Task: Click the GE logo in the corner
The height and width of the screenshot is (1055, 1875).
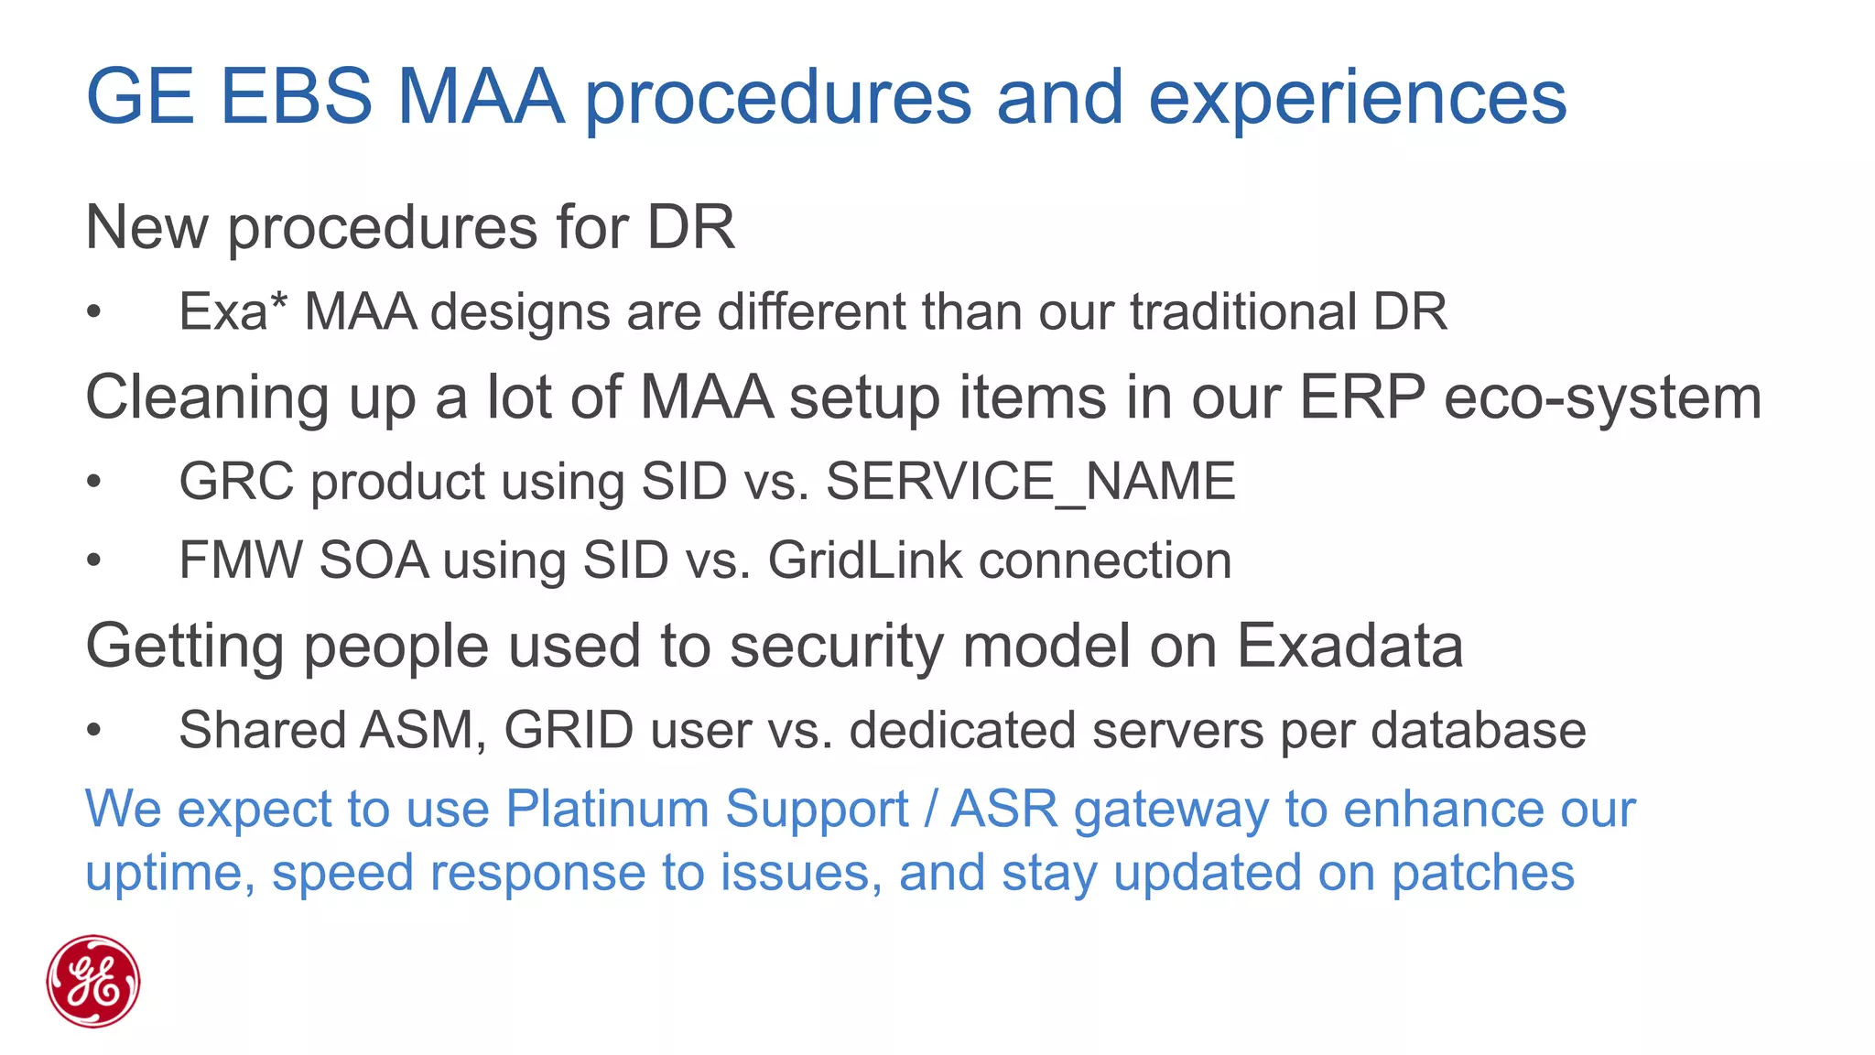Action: coord(93,981)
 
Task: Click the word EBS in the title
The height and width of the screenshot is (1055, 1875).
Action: coord(296,96)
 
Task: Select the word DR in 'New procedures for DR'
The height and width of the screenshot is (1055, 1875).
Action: coord(690,227)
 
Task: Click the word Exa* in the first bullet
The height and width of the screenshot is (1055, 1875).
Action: coord(233,311)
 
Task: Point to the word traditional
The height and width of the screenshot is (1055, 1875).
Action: coord(1242,311)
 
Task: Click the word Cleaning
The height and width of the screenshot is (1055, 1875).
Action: coord(207,398)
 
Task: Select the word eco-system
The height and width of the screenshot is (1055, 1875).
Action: coord(1602,398)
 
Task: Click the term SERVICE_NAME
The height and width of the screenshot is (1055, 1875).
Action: coord(1030,482)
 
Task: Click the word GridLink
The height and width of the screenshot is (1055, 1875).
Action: coord(864,560)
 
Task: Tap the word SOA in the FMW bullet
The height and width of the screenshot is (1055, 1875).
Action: coord(374,560)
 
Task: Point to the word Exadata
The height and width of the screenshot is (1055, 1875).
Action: coord(1349,646)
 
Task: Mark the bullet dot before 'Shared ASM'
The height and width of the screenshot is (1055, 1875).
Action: coord(93,731)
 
